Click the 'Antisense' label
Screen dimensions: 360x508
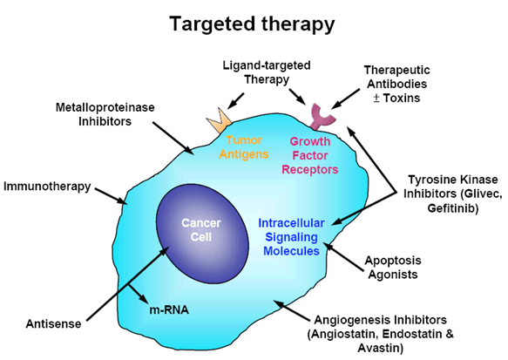53,323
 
